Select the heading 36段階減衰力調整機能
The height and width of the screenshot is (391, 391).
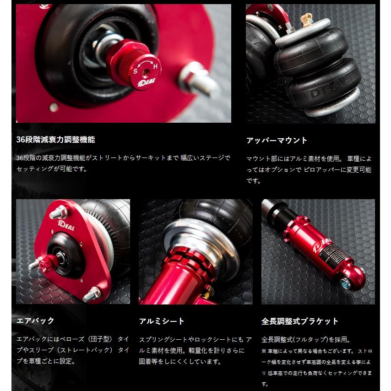pyautogui.click(x=55, y=140)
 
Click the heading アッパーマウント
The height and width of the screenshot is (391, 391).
pyautogui.click(x=277, y=140)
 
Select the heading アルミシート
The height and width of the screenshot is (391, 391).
pyautogui.click(x=162, y=321)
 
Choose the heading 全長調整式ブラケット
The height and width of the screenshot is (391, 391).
pyautogui.click(x=300, y=321)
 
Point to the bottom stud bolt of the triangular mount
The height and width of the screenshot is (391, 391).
pyautogui.click(x=91, y=293)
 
